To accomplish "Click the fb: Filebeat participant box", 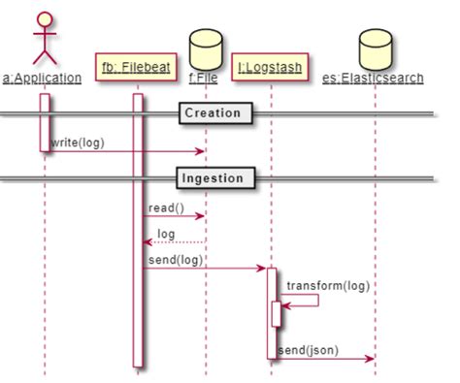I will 137,68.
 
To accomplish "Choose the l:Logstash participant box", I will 271,68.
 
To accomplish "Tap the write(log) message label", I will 78,142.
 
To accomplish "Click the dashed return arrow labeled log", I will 175,240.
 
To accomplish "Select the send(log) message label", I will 176,259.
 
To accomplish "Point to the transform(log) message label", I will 328,285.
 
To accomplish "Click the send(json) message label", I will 308,349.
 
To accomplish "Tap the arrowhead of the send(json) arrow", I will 370,358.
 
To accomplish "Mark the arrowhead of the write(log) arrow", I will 201,150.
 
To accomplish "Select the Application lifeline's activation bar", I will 45,122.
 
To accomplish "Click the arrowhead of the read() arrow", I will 201,215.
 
